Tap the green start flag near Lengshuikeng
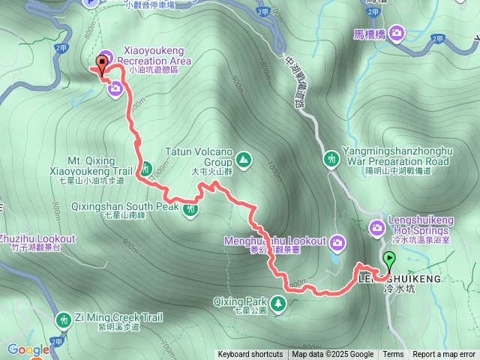pos(389,260)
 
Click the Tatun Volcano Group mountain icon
pos(243,159)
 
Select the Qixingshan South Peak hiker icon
pos(192,209)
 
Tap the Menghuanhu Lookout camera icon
pos(337,241)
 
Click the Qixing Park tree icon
pos(278,303)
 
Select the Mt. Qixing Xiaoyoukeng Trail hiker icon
pos(146,169)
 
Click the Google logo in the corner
pos(28,349)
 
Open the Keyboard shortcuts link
pos(250,355)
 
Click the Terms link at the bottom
pos(393,355)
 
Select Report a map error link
pos(444,355)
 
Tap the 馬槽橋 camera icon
pos(395,33)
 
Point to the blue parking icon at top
pos(91,2)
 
